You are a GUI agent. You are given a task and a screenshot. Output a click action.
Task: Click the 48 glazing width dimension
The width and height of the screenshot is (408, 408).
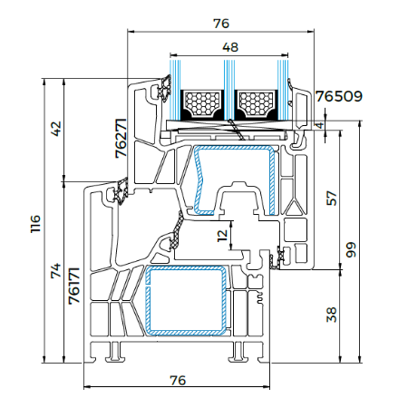(x=230, y=47)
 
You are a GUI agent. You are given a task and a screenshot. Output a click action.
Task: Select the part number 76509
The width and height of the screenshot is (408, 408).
(x=339, y=96)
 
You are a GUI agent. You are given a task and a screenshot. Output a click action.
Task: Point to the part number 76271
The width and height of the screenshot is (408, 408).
(x=121, y=138)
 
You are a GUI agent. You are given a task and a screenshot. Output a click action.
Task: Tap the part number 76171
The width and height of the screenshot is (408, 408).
(x=74, y=286)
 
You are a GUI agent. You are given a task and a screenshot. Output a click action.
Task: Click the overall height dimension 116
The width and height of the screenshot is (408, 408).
(x=35, y=223)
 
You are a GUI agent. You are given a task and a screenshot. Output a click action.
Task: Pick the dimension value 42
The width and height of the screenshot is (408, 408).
(x=56, y=129)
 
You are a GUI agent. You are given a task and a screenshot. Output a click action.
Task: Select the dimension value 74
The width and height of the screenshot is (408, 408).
(x=56, y=271)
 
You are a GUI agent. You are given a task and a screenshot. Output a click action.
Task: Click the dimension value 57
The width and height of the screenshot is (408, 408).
(x=332, y=198)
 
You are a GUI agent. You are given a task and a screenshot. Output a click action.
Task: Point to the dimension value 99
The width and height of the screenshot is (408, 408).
(x=351, y=249)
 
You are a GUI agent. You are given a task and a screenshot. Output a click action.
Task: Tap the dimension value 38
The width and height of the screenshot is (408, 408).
(x=332, y=315)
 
